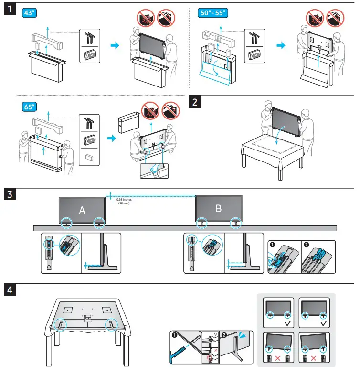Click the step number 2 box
coord(195,102)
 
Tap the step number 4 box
coord(9,290)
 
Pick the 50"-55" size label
coord(212,13)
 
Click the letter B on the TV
coord(218,208)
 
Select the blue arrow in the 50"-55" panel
coord(282,45)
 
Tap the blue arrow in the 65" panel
coord(110,138)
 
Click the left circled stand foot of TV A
coord(66,222)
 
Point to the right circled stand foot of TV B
coord(235,222)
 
